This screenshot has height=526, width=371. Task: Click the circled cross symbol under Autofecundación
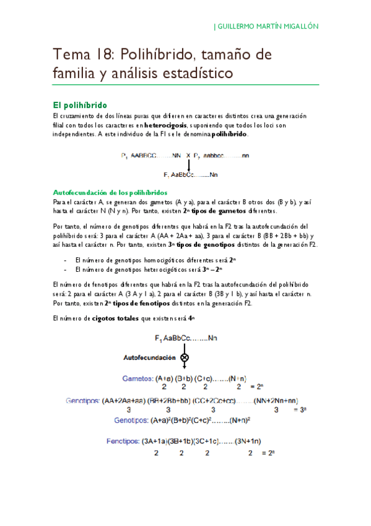[185, 358]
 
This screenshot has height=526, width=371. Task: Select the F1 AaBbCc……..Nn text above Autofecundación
[186, 339]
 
